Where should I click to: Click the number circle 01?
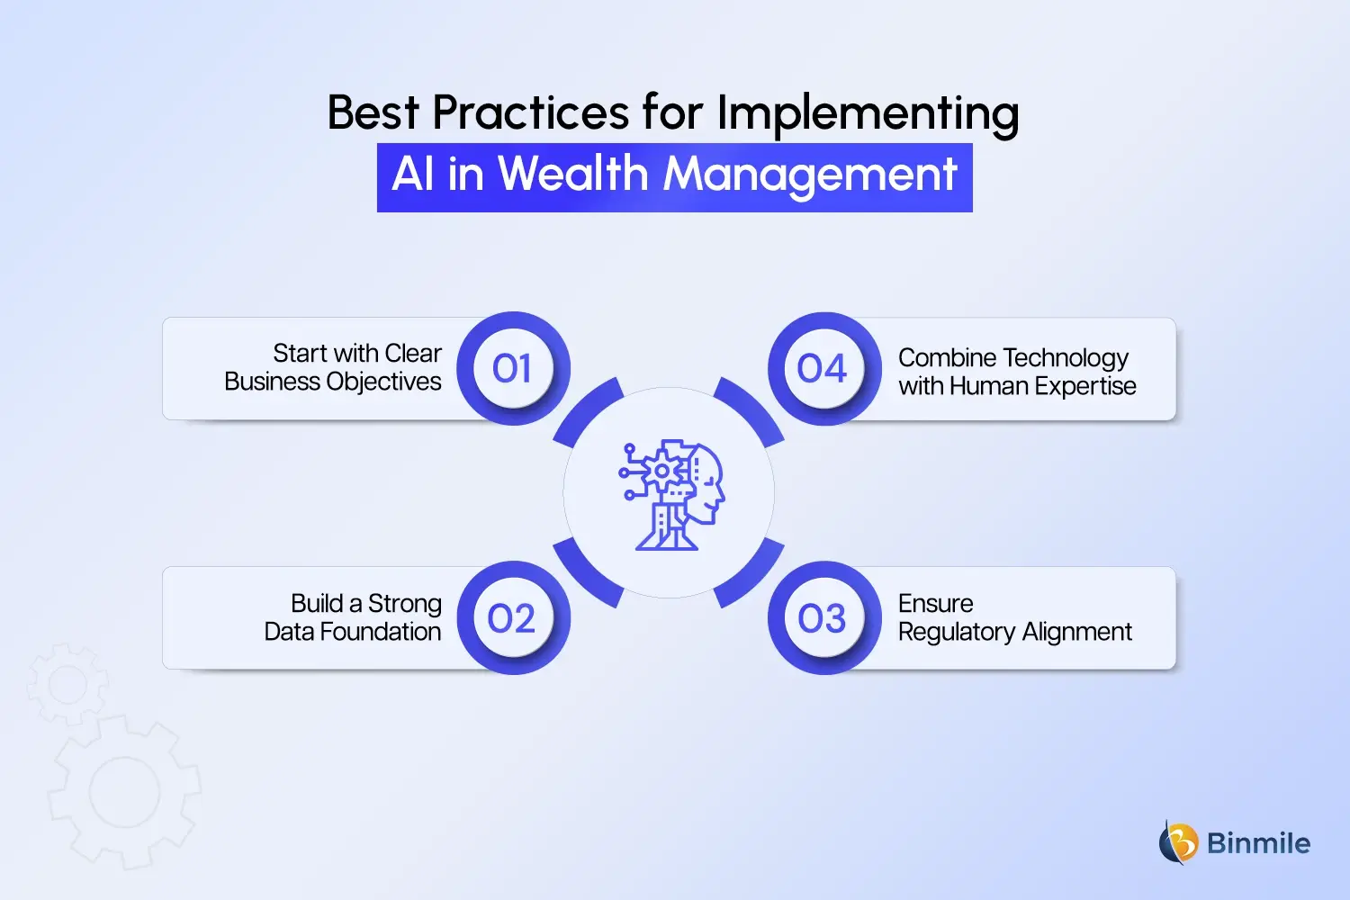[x=512, y=369]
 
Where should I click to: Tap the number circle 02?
[x=512, y=618]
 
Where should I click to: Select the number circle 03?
[x=823, y=618]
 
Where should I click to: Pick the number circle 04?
[x=823, y=369]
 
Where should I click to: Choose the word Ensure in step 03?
[x=936, y=603]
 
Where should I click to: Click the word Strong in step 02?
[x=405, y=604]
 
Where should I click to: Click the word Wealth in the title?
[x=573, y=174]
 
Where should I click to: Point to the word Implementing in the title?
[x=868, y=114]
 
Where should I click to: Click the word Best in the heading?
[x=373, y=113]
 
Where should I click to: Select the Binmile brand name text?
[x=1258, y=843]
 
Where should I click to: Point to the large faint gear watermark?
[x=124, y=792]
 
